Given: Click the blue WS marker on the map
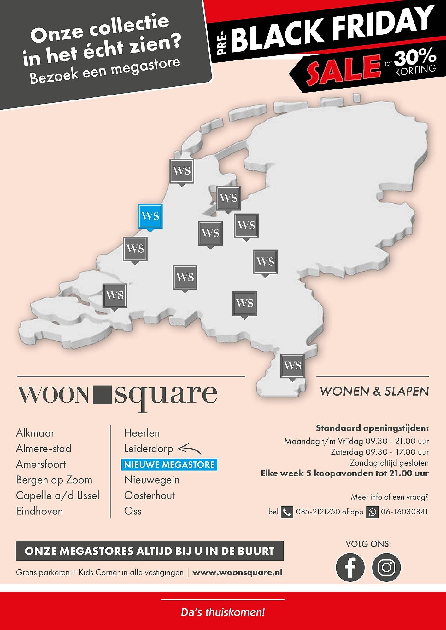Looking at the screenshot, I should (x=150, y=216).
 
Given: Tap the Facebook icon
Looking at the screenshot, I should (x=350, y=567).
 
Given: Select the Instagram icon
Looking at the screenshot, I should (x=386, y=567).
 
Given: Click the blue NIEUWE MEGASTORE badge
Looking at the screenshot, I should (x=169, y=465).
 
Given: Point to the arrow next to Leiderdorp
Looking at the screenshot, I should (x=190, y=449).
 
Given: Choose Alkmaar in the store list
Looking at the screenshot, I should (x=35, y=433).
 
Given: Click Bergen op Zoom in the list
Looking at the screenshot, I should (x=54, y=480).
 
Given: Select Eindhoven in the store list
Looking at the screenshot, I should (x=39, y=511).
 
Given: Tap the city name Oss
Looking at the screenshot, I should (x=133, y=511).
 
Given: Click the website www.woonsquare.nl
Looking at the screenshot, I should (x=237, y=572).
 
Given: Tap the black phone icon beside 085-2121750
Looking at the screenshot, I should (x=287, y=512).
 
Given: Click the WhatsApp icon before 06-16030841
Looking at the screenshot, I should (x=372, y=512).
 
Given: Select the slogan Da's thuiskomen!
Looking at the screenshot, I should (x=223, y=613).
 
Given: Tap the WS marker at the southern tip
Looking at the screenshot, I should (x=293, y=366).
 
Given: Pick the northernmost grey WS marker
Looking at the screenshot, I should (x=182, y=171).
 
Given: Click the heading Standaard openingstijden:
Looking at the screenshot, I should (x=372, y=428).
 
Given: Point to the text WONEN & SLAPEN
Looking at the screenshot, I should (x=374, y=392).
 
